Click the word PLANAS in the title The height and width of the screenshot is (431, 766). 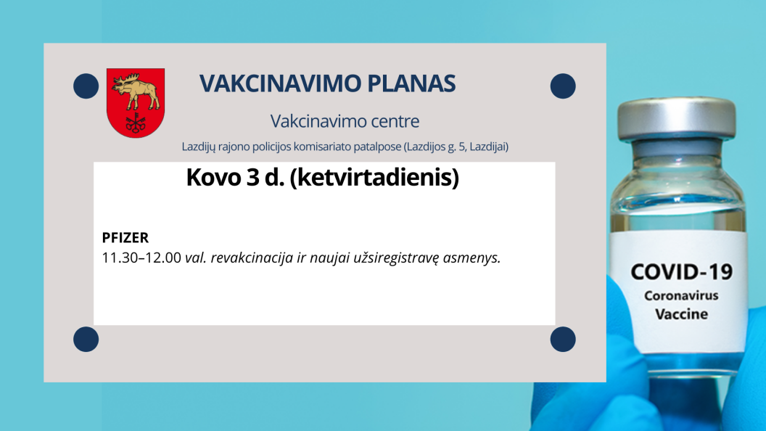click(x=412, y=83)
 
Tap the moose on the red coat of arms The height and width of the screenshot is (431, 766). click(x=136, y=91)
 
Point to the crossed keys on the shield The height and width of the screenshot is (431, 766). click(x=136, y=123)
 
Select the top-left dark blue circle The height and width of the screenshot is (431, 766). click(x=86, y=86)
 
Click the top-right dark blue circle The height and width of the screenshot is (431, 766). click(x=563, y=86)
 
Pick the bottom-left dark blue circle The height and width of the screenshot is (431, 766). click(x=86, y=339)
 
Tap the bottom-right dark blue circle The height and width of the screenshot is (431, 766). click(x=563, y=339)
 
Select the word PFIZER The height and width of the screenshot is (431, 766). click(x=125, y=237)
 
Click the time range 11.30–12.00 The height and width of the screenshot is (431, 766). click(x=141, y=258)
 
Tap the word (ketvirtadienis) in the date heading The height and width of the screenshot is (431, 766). click(x=375, y=177)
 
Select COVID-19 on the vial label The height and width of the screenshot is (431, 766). click(x=681, y=272)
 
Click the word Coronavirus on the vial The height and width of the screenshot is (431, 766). click(x=681, y=295)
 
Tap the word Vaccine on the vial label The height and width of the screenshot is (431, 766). click(x=681, y=314)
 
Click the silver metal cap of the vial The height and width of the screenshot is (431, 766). click(x=677, y=118)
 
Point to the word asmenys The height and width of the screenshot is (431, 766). click(x=472, y=258)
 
